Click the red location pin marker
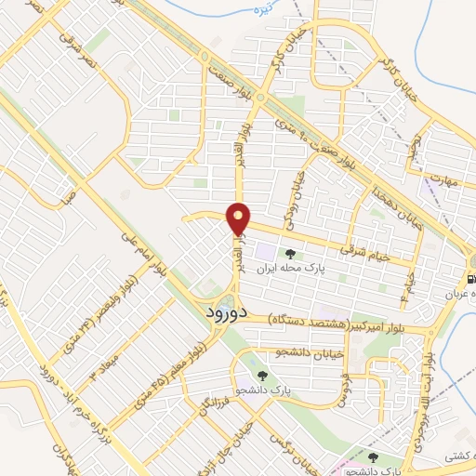pyautogui.click(x=240, y=218)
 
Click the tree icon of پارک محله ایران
pyautogui.click(x=291, y=254)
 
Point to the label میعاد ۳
pyautogui.click(x=102, y=363)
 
